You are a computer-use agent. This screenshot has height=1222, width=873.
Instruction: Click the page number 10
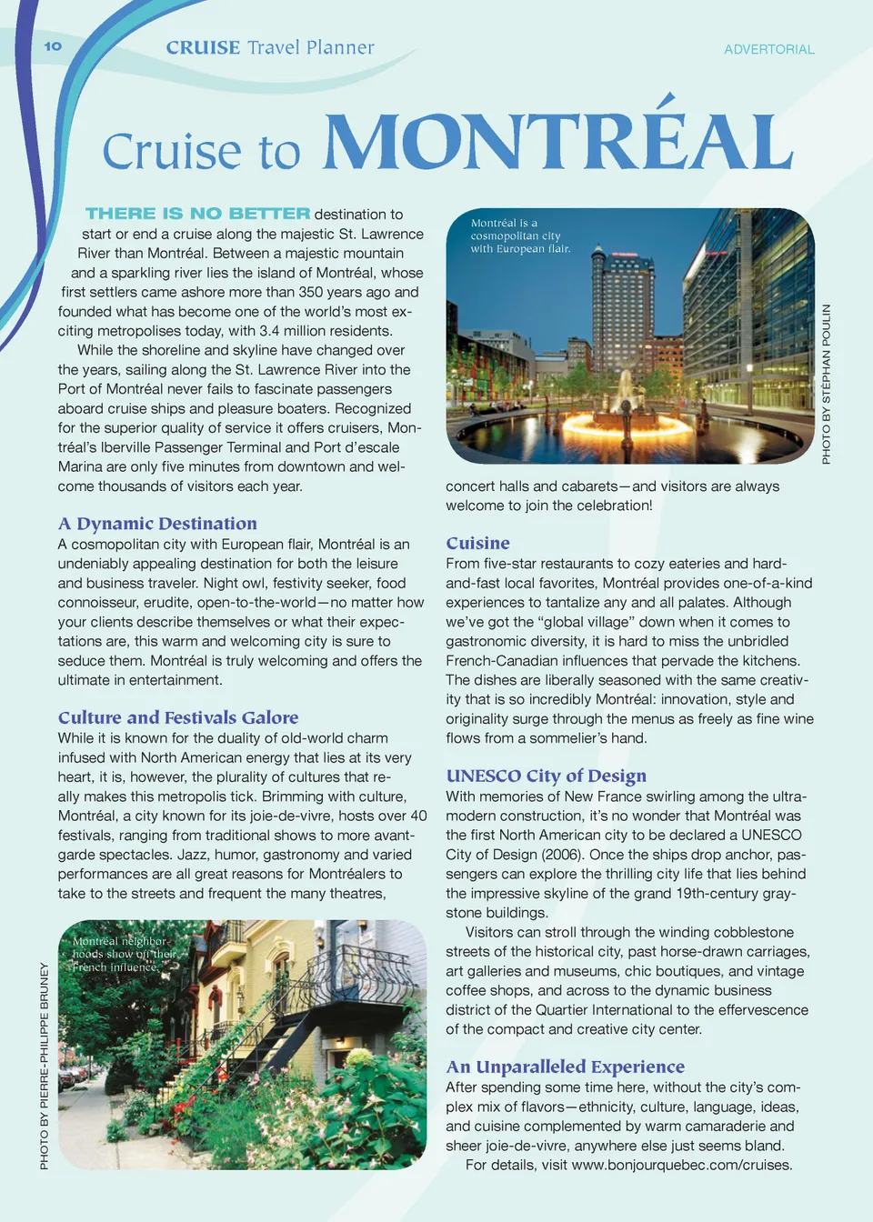click(x=53, y=46)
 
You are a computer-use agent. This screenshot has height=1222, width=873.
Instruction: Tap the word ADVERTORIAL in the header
click(x=768, y=50)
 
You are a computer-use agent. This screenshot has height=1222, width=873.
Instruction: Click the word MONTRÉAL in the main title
click(x=558, y=142)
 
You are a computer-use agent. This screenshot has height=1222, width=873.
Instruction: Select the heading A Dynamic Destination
click(x=157, y=524)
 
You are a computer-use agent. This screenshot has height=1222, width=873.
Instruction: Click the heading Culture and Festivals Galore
click(x=178, y=717)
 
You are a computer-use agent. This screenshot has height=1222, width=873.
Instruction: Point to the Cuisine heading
click(x=477, y=543)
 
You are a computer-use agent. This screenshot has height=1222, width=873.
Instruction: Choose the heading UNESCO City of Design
click(x=546, y=776)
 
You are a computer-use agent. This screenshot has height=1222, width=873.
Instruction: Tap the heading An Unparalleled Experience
click(x=565, y=1067)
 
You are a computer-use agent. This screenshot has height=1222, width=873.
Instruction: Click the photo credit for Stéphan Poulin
click(x=826, y=384)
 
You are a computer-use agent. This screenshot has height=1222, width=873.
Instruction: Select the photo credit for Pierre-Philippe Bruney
click(x=45, y=1066)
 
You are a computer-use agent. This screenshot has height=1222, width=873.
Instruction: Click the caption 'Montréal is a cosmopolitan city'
click(x=520, y=235)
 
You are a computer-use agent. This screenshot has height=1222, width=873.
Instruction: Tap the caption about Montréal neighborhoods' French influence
click(x=124, y=955)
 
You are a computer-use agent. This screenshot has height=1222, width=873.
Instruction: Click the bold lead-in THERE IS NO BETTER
click(x=197, y=214)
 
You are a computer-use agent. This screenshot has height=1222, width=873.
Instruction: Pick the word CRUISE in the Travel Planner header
click(x=203, y=48)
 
